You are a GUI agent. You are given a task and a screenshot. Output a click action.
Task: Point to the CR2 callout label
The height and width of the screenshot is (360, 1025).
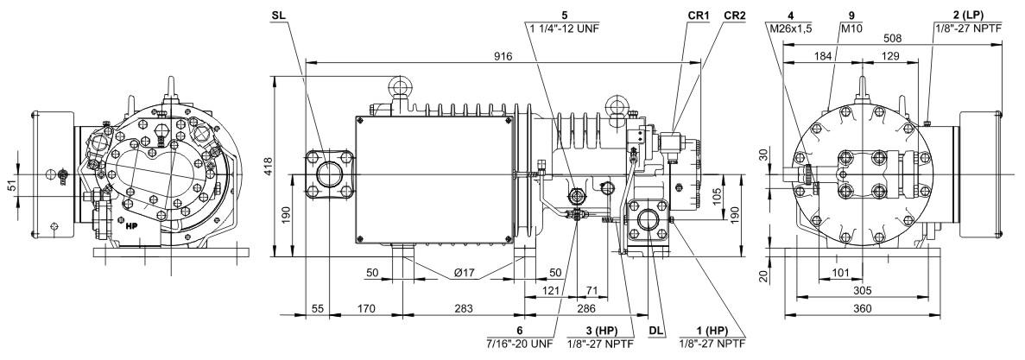[735, 16]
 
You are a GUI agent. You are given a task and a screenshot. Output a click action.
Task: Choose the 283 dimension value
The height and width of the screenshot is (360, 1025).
[463, 307]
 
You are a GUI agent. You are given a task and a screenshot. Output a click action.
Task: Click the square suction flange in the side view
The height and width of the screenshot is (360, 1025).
[328, 174]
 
